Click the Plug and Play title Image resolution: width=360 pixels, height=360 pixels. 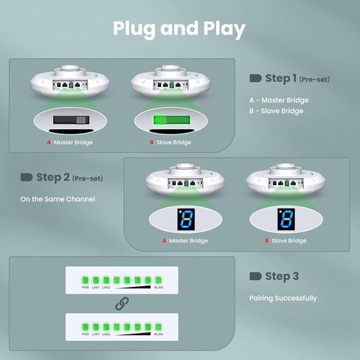coord(179,29)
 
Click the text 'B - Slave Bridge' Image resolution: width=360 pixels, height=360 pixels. coord(277,111)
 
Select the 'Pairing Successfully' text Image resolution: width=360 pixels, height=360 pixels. coord(283,298)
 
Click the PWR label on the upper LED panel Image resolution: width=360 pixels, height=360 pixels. coord(86,286)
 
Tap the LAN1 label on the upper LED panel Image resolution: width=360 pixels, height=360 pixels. coord(96,286)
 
